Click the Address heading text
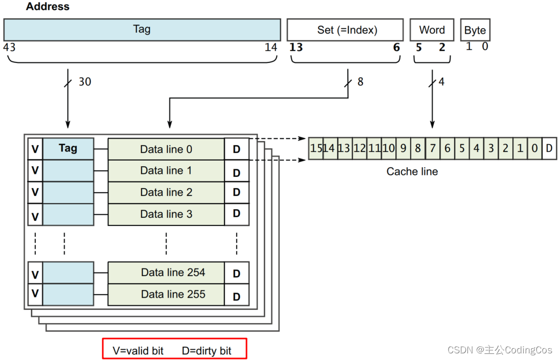coord(48,7)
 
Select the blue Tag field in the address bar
coord(142,30)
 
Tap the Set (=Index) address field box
coord(347,30)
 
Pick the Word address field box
coord(432,30)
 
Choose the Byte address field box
coord(475,30)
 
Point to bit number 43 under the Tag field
coord(9,48)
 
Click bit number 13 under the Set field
coord(296,48)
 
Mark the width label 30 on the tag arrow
coord(84,82)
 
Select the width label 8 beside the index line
coord(360,82)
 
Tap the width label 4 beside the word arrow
coord(441,82)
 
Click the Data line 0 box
coord(166,149)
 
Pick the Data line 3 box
coord(166,214)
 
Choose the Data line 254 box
coord(166,273)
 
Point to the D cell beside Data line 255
coord(236,296)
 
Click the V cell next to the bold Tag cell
coord(35,149)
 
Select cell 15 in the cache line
coord(316,148)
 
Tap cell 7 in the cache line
coord(432,148)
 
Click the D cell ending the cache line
coord(549,148)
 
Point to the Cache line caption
coord(412,171)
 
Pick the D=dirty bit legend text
coord(207,351)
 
